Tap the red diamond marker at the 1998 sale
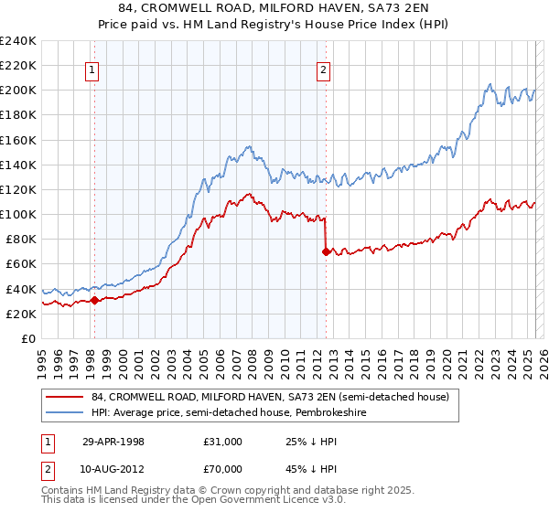(x=94, y=300)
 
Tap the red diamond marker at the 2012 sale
(x=325, y=251)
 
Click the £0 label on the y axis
(x=27, y=338)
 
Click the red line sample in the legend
(x=63, y=398)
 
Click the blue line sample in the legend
(x=63, y=412)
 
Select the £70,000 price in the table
(x=222, y=468)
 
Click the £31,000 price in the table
(x=222, y=443)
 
